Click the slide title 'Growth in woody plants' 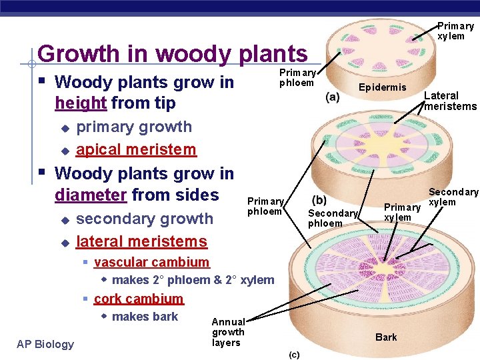pyautogui.click(x=173, y=53)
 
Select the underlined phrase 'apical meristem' pyautogui.click(x=136, y=150)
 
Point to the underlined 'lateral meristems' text pyautogui.click(x=142, y=241)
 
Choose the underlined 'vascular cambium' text pyautogui.click(x=151, y=263)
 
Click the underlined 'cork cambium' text pyautogui.click(x=139, y=299)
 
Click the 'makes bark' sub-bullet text pyautogui.click(x=145, y=317)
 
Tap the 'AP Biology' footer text pyautogui.click(x=45, y=344)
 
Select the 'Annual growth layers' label pyautogui.click(x=228, y=332)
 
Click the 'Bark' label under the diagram pyautogui.click(x=386, y=337)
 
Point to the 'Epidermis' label pyautogui.click(x=382, y=87)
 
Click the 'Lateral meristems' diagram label pyautogui.click(x=450, y=101)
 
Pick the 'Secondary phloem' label pyautogui.click(x=333, y=218)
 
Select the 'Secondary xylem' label pyautogui.click(x=453, y=197)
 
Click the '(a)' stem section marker pyautogui.click(x=332, y=96)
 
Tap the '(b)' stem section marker pyautogui.click(x=319, y=199)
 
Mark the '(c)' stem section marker pyautogui.click(x=294, y=354)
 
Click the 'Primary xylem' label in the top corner pyautogui.click(x=455, y=31)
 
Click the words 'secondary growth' pyautogui.click(x=145, y=219)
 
